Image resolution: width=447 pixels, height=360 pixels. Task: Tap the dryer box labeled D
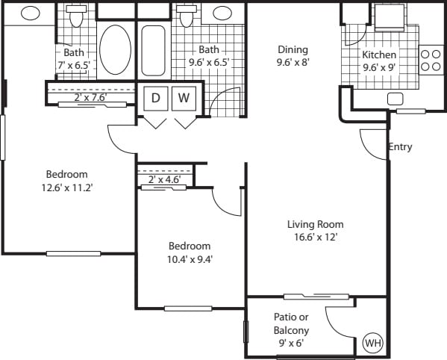point(156,98)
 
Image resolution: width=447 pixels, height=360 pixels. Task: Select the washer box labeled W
point(184,98)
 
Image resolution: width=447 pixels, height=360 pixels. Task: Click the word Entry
point(400,147)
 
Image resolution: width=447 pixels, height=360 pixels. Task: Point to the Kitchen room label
point(379,55)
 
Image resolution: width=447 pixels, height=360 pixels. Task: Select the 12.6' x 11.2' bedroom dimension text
point(67,187)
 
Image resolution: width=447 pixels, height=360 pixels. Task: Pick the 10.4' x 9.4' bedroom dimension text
point(190,259)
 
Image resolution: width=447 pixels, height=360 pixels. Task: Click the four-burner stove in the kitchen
point(431,59)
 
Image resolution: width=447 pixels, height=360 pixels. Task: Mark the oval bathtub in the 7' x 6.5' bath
point(114,49)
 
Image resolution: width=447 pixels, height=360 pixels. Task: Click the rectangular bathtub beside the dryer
point(154,49)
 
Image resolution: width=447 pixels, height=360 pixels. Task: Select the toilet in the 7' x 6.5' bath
point(75,14)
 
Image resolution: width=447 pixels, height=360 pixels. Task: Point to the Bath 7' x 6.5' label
point(73,59)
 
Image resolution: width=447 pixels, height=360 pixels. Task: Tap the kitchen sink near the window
point(395,99)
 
